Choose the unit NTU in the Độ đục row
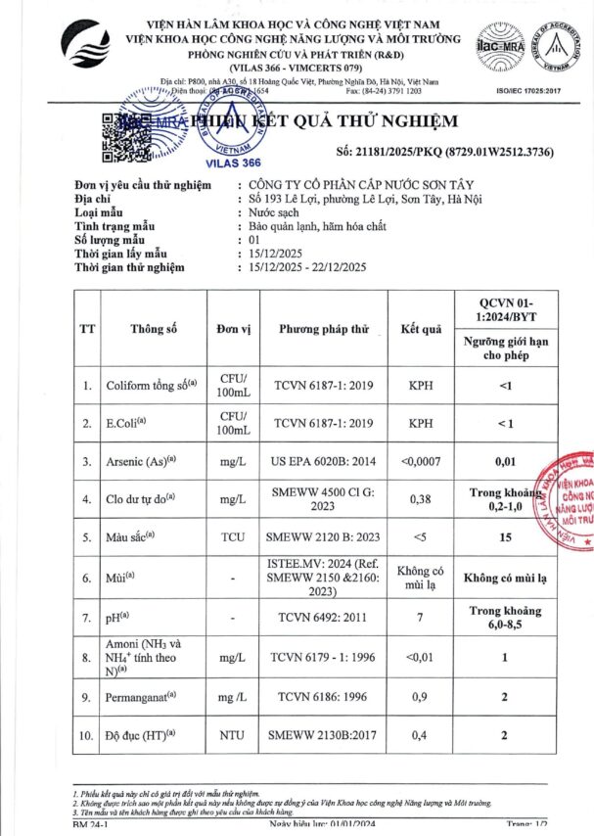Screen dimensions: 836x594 pos(232,735)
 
